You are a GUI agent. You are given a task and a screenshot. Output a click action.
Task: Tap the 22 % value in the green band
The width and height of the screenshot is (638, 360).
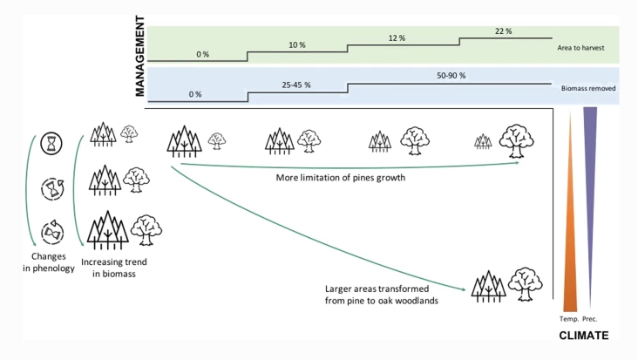502,31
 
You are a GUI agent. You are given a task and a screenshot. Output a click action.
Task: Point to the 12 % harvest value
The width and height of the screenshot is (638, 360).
397,38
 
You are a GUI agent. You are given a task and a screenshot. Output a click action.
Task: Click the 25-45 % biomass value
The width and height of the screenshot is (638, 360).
297,85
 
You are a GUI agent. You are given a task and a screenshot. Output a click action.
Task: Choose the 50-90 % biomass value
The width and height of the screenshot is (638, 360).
451,76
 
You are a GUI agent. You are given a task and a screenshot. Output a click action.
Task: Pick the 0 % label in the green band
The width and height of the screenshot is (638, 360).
202,54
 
